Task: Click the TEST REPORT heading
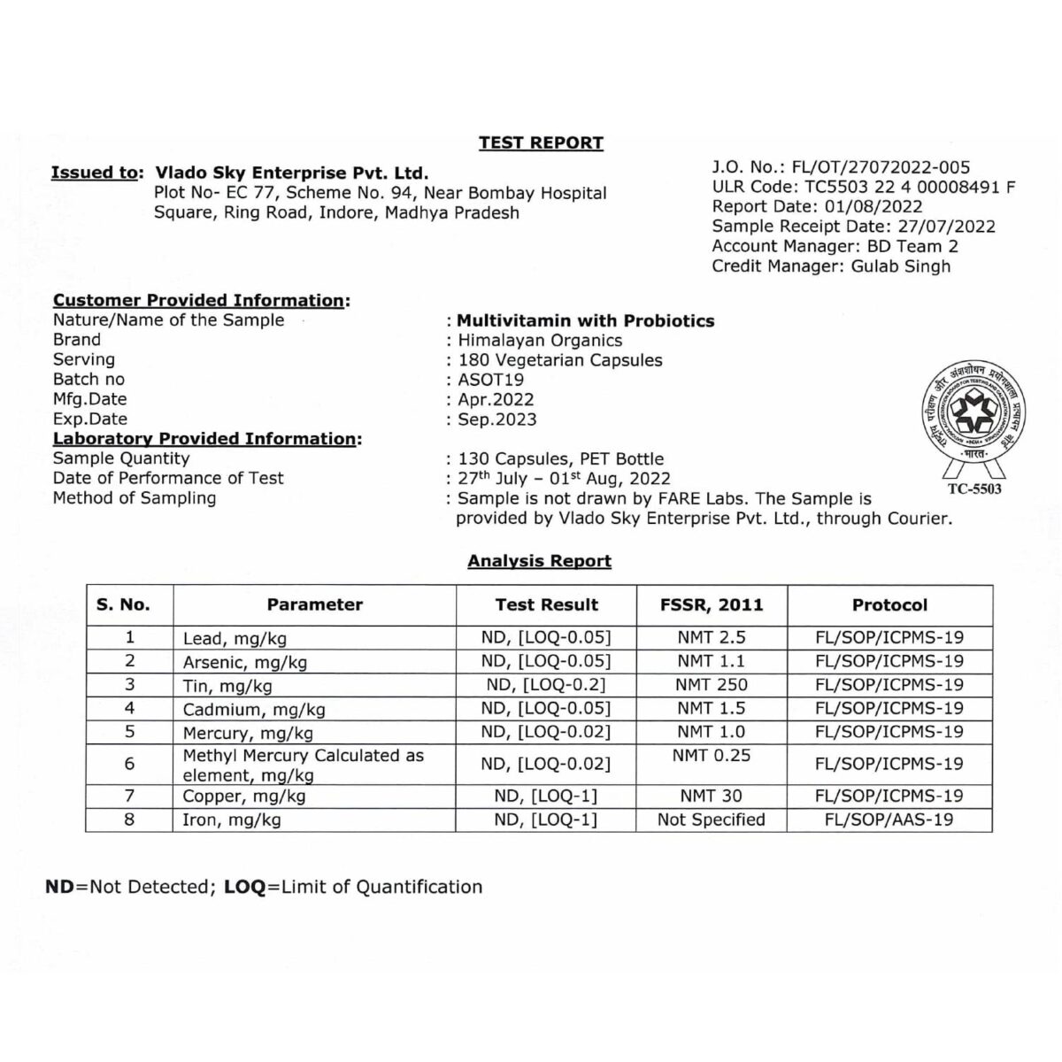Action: (x=541, y=143)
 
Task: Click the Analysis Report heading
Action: (x=539, y=561)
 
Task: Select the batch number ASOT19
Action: (x=490, y=380)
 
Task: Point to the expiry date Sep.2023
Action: (x=496, y=419)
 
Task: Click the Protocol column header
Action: (x=889, y=605)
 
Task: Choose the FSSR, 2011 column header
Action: (x=712, y=605)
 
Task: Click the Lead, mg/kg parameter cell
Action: (x=235, y=638)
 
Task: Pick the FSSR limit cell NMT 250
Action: (x=712, y=685)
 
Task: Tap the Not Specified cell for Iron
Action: (x=712, y=820)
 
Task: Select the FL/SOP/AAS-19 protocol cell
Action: (x=889, y=820)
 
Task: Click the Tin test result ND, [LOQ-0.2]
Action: (x=546, y=685)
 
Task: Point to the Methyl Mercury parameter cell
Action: (x=303, y=765)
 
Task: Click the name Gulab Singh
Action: (x=900, y=266)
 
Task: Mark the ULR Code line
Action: (x=863, y=187)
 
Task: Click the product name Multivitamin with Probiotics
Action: (x=585, y=321)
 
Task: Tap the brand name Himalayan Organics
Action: (x=540, y=341)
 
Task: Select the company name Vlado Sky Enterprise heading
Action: (x=291, y=173)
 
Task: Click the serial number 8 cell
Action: (x=130, y=820)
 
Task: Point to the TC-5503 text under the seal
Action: (x=974, y=489)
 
